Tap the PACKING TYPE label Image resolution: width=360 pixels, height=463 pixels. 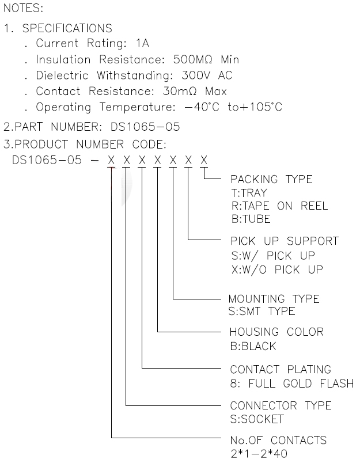click(271, 180)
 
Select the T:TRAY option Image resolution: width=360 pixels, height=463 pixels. click(249, 193)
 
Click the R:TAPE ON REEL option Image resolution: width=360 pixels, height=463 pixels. click(279, 206)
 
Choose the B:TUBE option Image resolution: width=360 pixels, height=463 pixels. click(250, 219)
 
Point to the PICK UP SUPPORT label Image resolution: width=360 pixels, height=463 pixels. click(285, 241)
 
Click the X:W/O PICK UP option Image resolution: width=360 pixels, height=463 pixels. click(276, 270)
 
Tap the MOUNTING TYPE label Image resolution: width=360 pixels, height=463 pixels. click(274, 299)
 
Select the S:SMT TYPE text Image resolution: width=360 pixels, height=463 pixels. click(262, 312)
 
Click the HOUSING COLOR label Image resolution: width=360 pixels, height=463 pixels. click(276, 332)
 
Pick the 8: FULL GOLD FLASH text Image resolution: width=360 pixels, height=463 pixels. click(291, 384)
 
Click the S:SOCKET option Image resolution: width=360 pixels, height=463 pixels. click(257, 419)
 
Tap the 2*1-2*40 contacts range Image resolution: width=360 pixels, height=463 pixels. click(259, 454)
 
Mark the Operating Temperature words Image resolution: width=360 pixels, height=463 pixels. click(95, 108)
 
